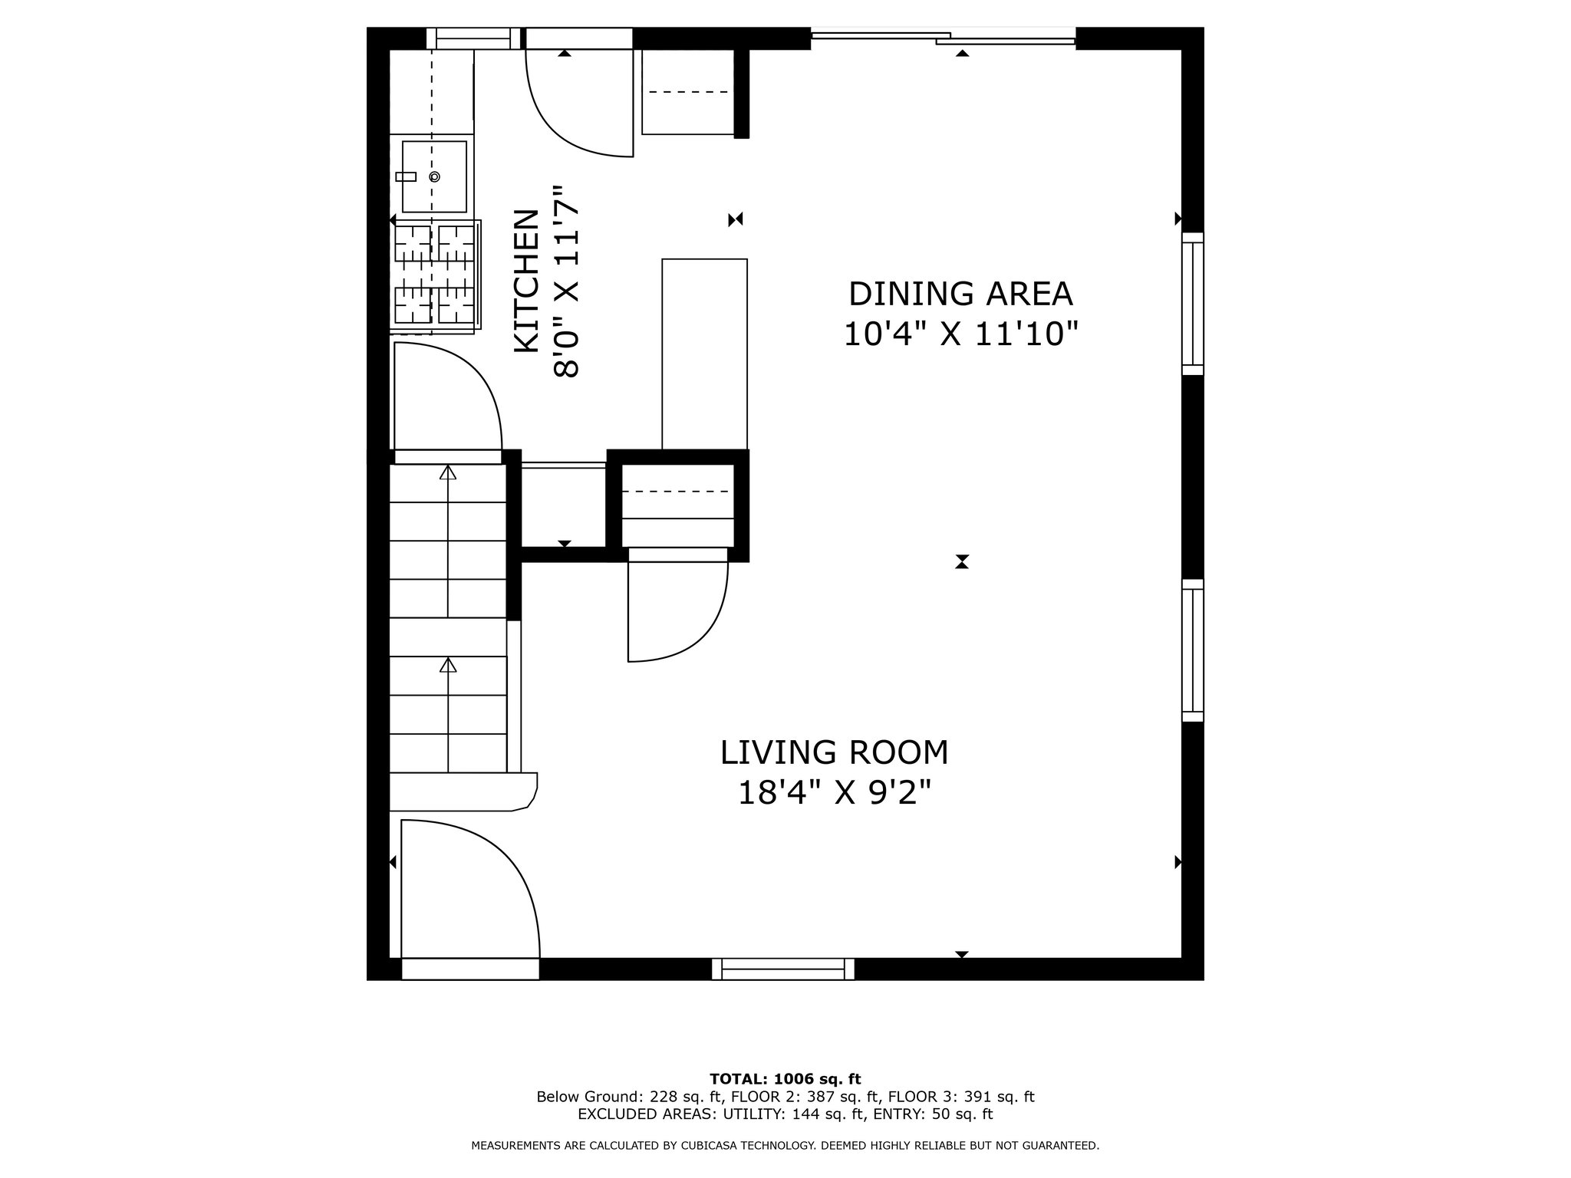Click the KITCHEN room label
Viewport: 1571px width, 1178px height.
[525, 281]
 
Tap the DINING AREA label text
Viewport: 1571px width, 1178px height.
[960, 294]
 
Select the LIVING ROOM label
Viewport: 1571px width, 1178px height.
[835, 752]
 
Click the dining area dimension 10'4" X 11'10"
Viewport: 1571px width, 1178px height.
[961, 334]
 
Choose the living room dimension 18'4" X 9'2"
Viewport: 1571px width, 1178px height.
[835, 792]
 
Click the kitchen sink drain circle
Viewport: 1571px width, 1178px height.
[435, 176]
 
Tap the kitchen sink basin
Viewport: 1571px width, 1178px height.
[434, 176]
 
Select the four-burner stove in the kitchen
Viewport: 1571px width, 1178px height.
[435, 275]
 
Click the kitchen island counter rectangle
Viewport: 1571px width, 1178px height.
[704, 354]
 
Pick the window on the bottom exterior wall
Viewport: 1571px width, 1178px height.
[783, 969]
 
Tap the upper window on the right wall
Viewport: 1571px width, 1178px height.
[1193, 304]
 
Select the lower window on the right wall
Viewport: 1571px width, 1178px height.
[1193, 650]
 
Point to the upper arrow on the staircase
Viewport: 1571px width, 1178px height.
[448, 541]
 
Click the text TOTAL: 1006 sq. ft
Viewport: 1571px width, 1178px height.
[785, 1079]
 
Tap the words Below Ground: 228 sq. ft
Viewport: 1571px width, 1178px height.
[629, 1097]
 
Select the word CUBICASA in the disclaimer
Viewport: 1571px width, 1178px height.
[736, 1146]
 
